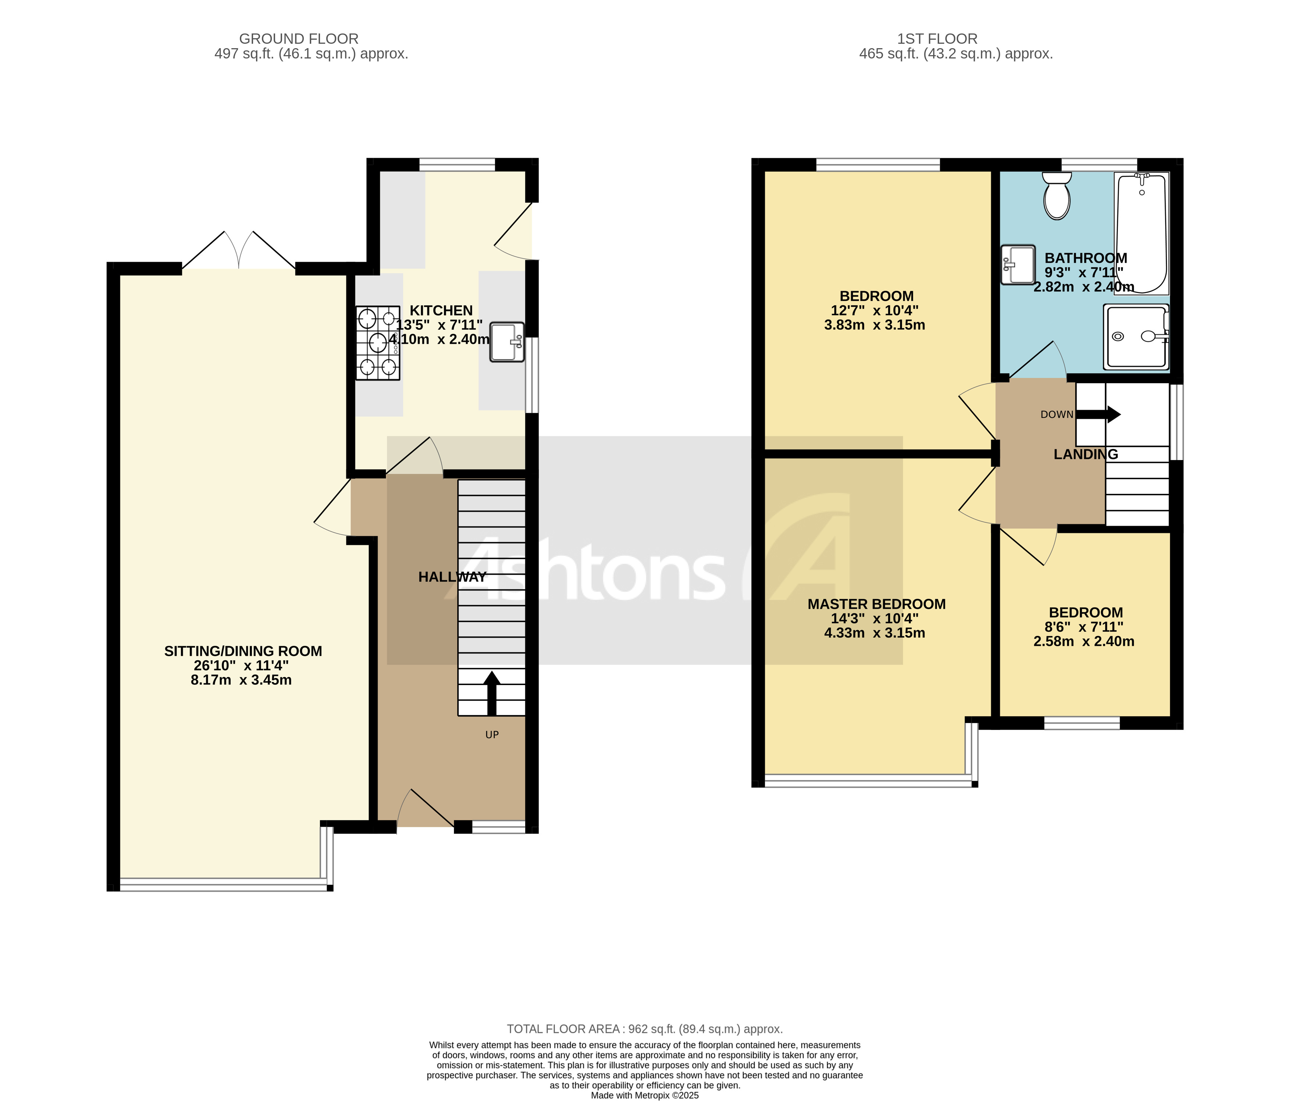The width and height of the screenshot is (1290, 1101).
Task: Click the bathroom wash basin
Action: [1018, 264]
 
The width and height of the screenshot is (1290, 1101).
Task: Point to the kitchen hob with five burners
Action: [378, 343]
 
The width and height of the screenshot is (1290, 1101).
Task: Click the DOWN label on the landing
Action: [1056, 414]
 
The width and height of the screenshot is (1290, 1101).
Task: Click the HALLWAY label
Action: [452, 577]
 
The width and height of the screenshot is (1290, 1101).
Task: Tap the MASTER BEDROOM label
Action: [876, 604]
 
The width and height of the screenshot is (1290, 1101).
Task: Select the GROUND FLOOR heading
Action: [299, 39]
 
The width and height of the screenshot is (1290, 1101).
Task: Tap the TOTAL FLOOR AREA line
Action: [644, 1029]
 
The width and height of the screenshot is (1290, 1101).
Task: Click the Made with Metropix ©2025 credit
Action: [644, 1095]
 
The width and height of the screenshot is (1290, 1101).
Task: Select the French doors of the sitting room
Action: [238, 252]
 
